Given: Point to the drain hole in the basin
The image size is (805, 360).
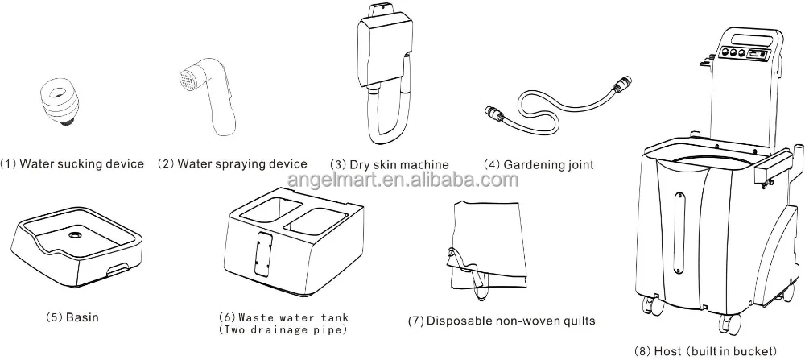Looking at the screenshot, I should coord(75,236).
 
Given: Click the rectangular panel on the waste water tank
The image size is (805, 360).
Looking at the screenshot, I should coord(261,255).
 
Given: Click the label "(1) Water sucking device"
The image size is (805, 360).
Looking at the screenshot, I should coord(72,164).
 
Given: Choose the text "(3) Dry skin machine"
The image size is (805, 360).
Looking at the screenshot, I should coord(390,165).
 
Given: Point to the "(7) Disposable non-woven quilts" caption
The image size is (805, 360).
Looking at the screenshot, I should coord(502,321).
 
